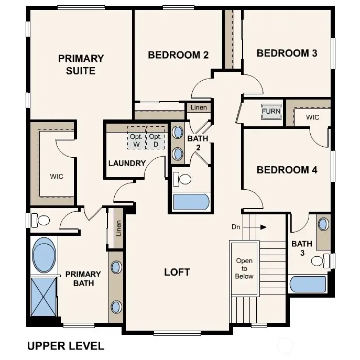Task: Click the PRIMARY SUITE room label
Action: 81,64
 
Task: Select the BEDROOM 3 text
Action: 287,53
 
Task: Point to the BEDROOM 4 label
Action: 287,170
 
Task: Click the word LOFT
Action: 177,272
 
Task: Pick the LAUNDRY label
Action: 127,163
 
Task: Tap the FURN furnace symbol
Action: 271,111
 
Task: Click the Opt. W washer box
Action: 137,140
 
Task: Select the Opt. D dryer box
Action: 155,140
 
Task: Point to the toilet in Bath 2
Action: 183,179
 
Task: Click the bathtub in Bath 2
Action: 191,202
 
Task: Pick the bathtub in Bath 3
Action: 308,284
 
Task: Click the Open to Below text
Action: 244,268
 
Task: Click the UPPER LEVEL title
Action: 65,346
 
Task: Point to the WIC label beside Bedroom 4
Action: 313,117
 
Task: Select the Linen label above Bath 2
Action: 199,107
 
